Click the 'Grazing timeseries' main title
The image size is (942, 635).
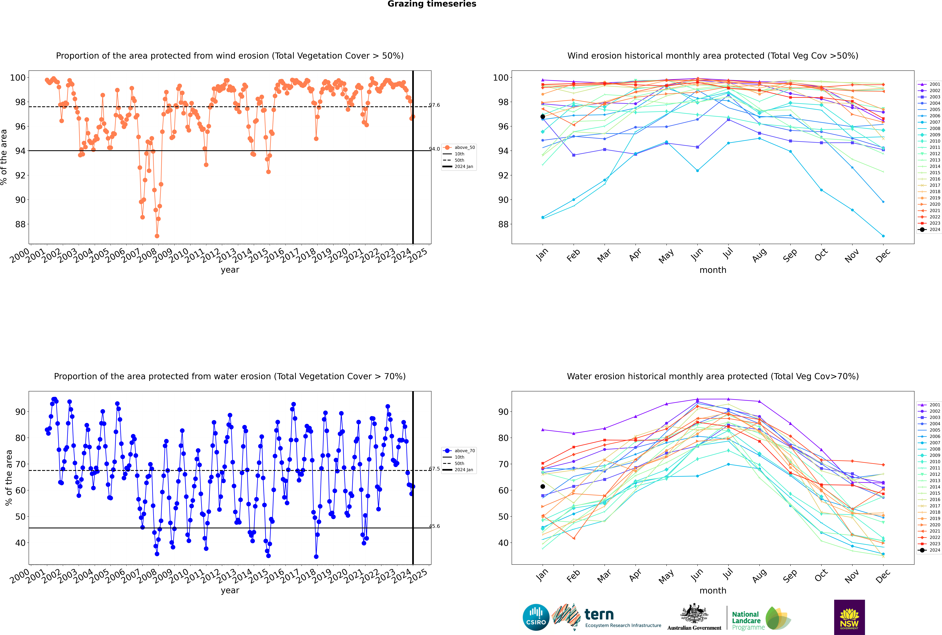point(432,4)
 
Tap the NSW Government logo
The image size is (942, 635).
point(849,617)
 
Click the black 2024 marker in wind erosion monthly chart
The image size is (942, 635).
point(543,117)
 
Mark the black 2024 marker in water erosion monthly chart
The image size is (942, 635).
point(543,486)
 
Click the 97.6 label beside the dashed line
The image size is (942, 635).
point(435,105)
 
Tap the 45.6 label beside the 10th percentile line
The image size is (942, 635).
point(435,526)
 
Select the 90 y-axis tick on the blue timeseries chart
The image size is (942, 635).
point(20,412)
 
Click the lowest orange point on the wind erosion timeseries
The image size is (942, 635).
point(157,236)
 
